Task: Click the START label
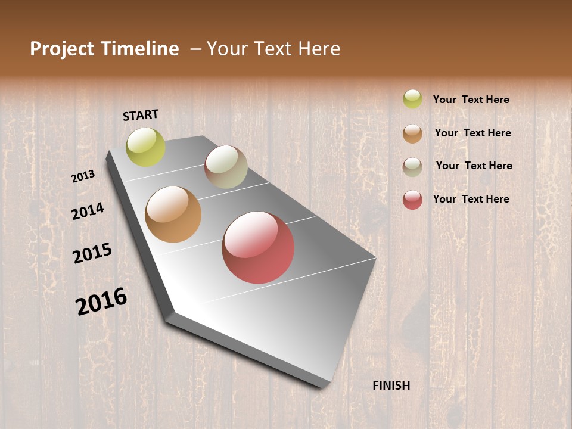pos(141,115)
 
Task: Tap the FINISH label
pos(391,386)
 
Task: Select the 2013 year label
pos(83,176)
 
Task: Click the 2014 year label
pos(88,211)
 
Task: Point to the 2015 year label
pos(92,253)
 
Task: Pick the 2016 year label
pos(101,301)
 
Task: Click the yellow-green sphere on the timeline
pos(146,147)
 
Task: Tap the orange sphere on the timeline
pos(173,214)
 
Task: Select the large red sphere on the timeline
pos(258,247)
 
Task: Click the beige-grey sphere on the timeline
pos(226,167)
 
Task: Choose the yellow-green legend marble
pos(412,99)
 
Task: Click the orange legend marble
pos(412,133)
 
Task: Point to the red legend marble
pos(412,200)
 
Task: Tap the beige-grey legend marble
pos(412,167)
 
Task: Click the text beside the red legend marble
pos(471,199)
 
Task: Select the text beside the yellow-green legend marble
pos(471,100)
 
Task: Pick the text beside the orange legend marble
pos(473,133)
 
